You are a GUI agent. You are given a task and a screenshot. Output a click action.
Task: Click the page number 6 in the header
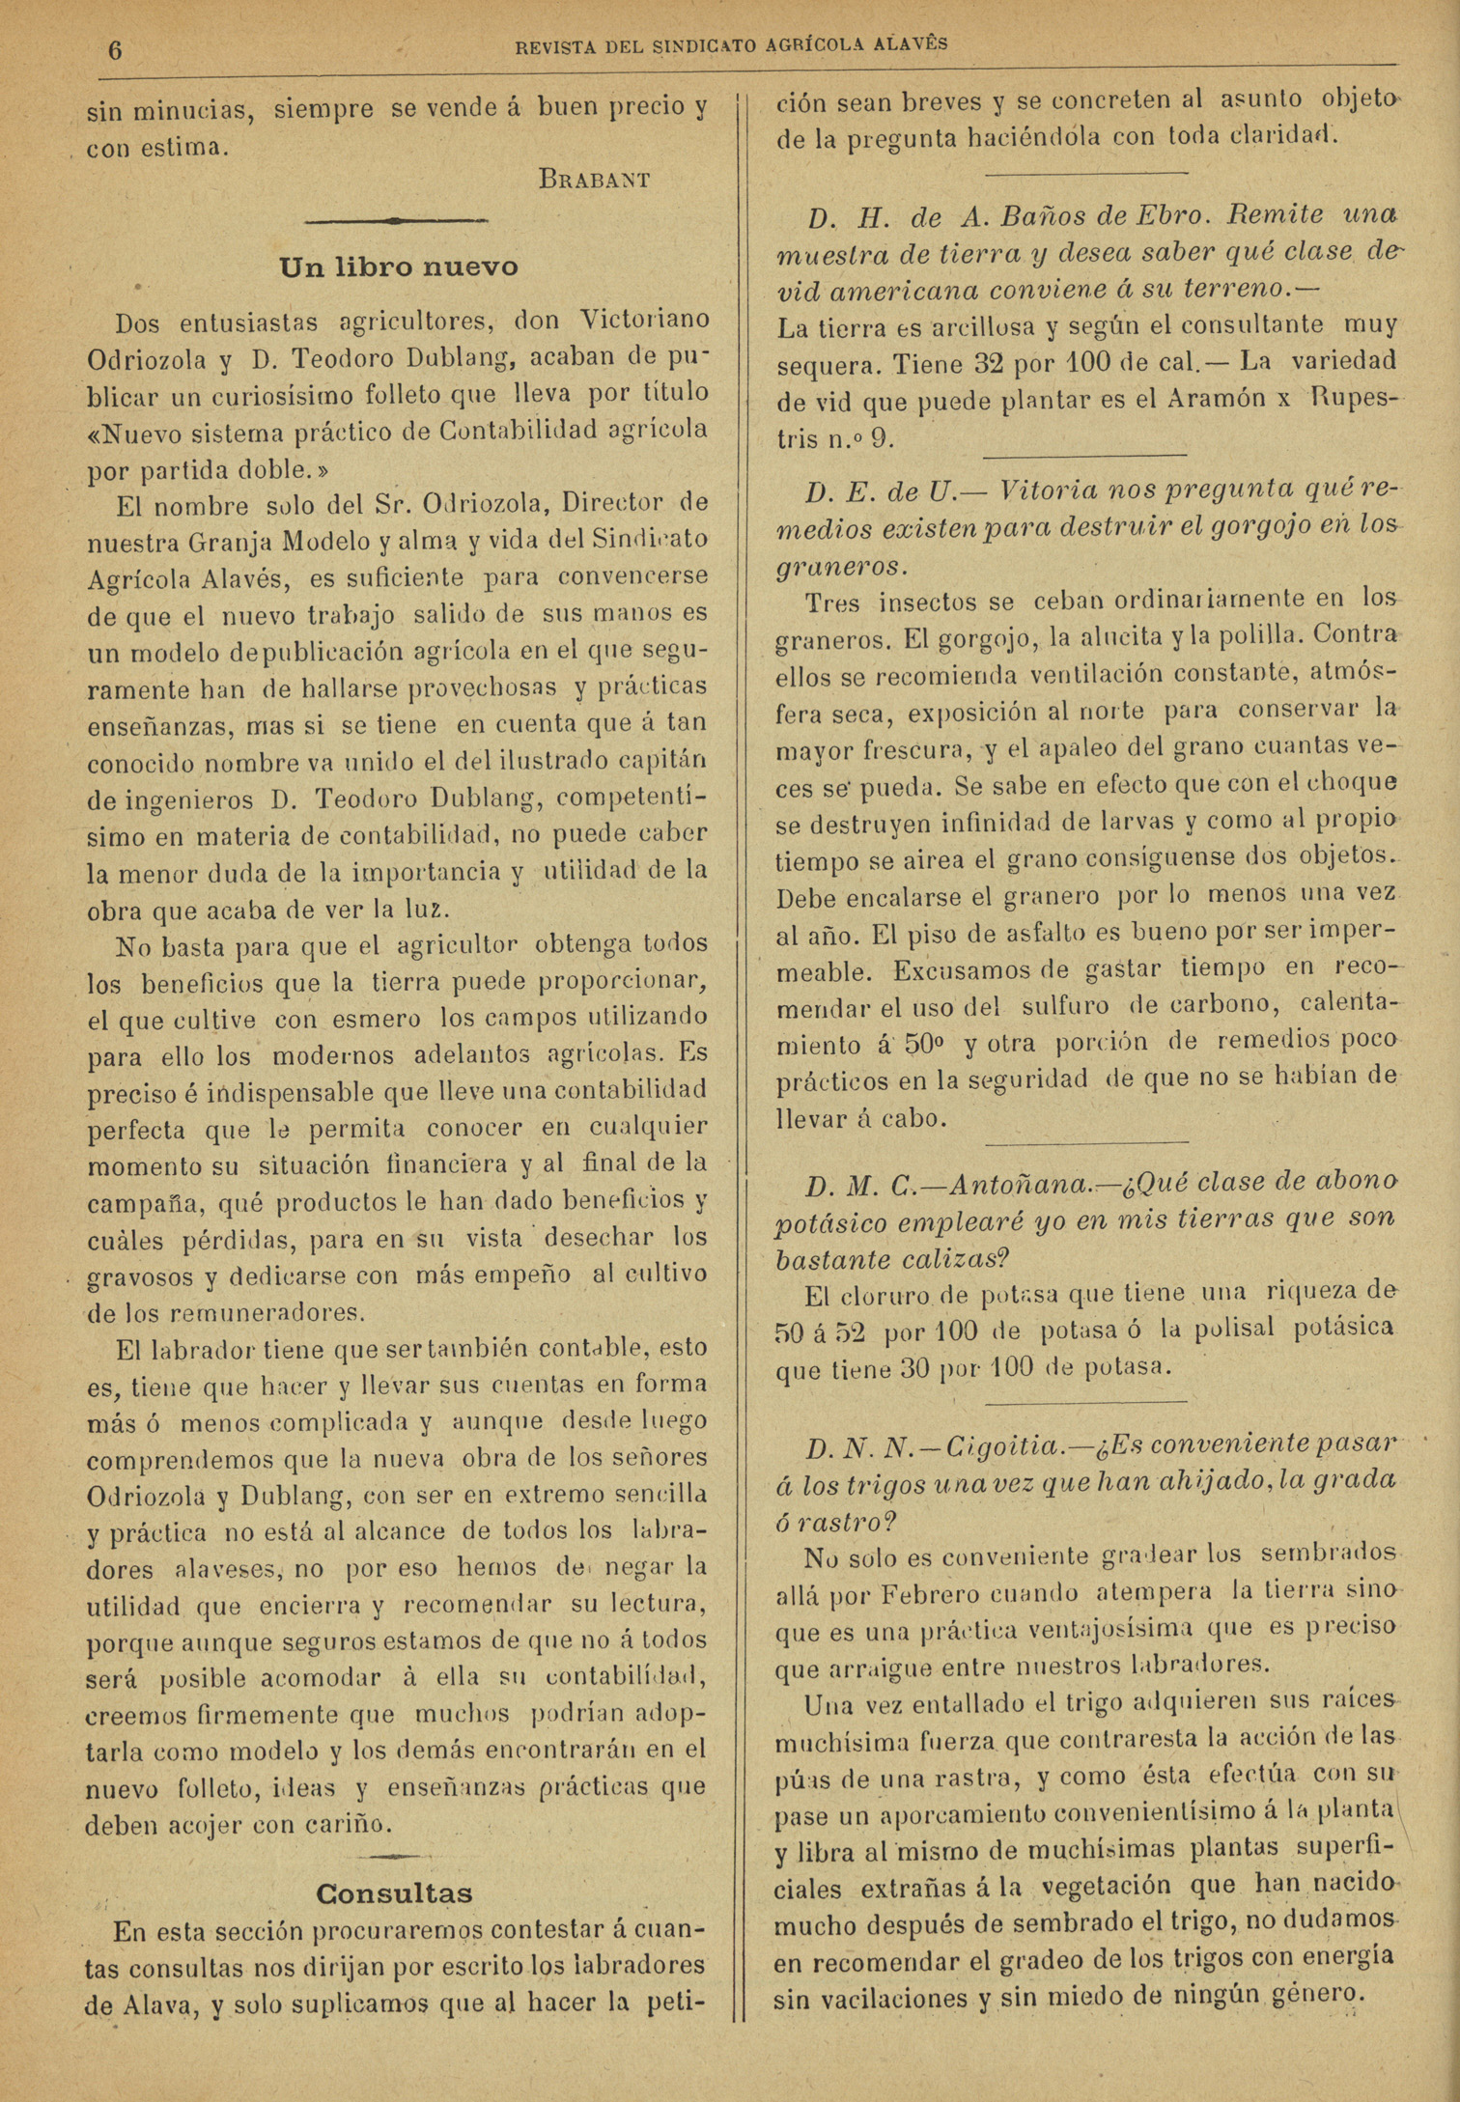pos(115,49)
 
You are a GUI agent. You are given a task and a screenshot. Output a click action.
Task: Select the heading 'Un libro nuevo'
pos(398,267)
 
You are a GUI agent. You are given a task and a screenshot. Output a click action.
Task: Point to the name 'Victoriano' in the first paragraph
pos(645,320)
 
